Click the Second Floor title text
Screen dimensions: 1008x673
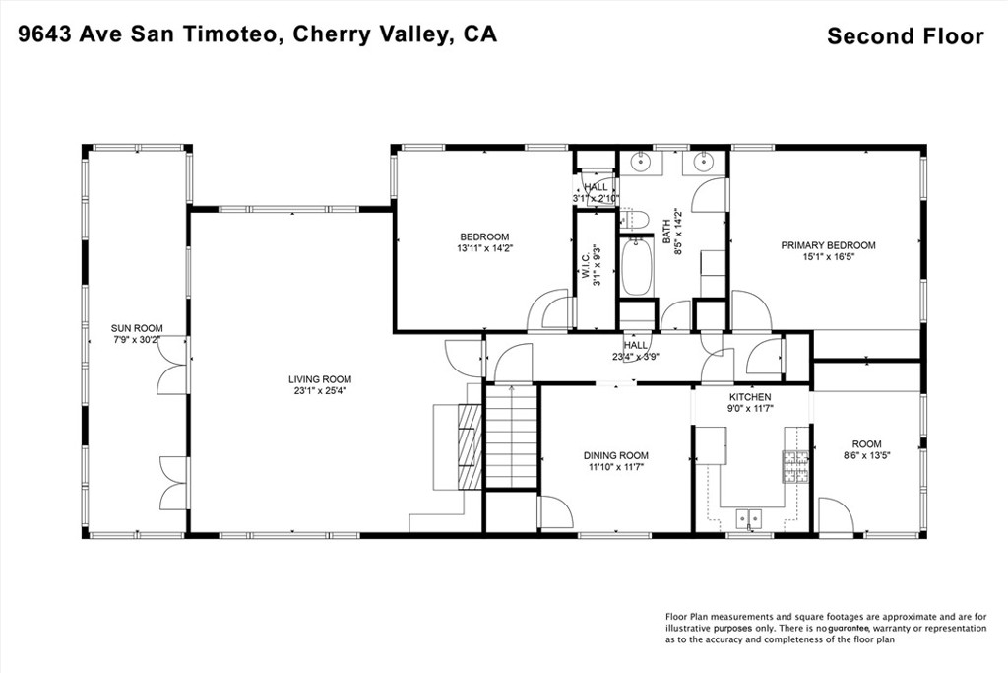point(906,36)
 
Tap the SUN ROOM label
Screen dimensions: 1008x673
point(137,328)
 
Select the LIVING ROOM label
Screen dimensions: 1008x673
point(320,379)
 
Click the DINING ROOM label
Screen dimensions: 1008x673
point(616,455)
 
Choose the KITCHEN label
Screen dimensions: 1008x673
point(749,397)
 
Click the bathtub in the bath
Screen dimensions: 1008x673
point(637,266)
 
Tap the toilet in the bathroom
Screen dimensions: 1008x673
point(634,220)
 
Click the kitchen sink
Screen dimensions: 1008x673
point(749,517)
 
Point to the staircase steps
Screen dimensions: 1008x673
point(511,437)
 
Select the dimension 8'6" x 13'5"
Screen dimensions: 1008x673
point(866,454)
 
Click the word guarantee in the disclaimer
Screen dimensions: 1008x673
point(849,628)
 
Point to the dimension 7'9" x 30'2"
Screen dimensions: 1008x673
point(137,338)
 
